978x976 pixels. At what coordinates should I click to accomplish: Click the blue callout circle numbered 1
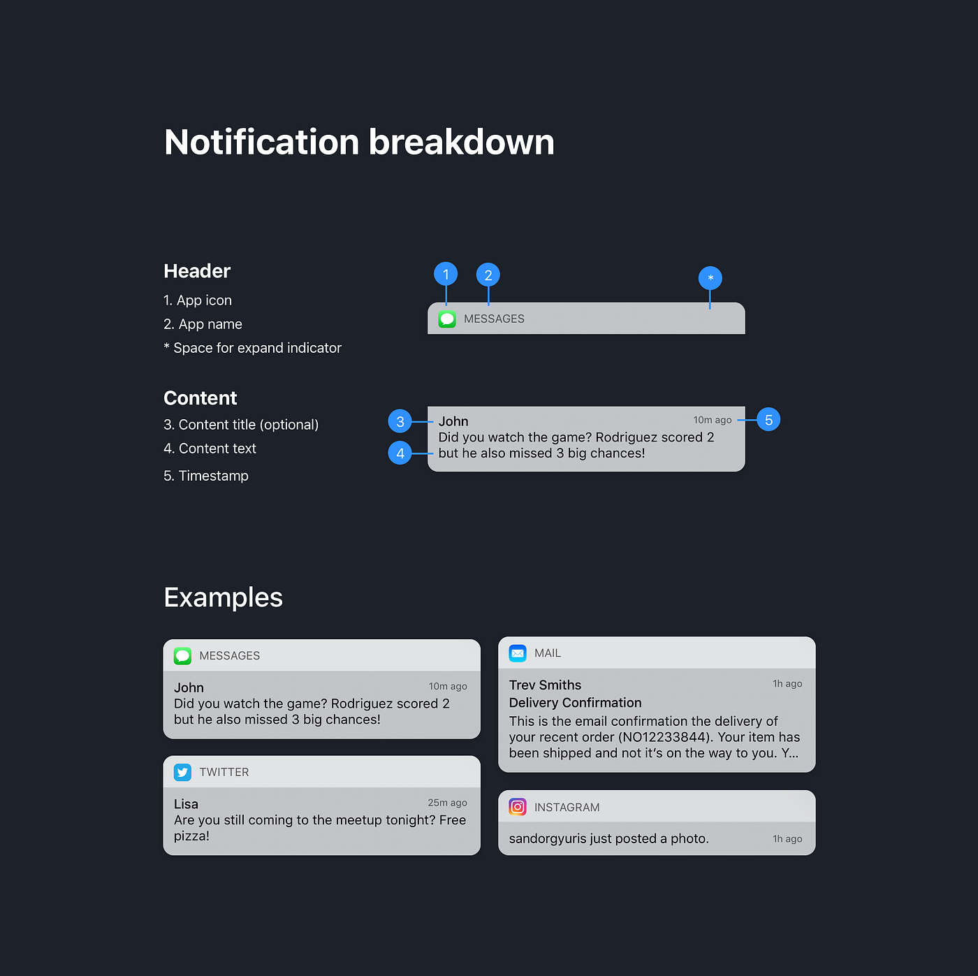[x=446, y=275]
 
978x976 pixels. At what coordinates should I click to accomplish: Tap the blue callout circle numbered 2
[x=488, y=275]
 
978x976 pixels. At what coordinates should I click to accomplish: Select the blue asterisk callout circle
[x=710, y=278]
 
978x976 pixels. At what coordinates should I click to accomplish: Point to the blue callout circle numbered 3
[x=400, y=421]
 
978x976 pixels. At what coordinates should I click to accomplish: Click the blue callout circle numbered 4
[x=400, y=453]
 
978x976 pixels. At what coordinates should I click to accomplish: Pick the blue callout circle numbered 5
[x=768, y=420]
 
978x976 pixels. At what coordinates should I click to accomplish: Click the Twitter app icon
[x=182, y=772]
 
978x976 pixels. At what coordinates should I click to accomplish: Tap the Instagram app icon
[x=518, y=807]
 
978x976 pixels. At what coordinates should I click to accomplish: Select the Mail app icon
[x=518, y=653]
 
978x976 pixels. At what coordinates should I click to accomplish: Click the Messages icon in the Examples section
[x=182, y=656]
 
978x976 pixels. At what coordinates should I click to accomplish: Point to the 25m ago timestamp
[x=447, y=803]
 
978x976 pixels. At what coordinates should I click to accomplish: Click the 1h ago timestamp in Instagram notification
[x=787, y=839]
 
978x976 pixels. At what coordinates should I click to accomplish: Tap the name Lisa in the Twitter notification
[x=186, y=804]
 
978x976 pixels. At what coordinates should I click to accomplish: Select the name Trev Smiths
[x=545, y=685]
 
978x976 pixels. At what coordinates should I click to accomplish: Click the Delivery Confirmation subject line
[x=575, y=703]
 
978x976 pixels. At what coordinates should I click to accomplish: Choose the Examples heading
[x=223, y=598]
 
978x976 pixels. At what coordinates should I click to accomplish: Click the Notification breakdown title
[x=359, y=143]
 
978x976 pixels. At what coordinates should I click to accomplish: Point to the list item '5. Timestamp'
[x=206, y=476]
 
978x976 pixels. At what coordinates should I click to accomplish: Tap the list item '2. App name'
[x=203, y=324]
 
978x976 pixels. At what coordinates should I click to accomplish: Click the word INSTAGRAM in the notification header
[x=567, y=808]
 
